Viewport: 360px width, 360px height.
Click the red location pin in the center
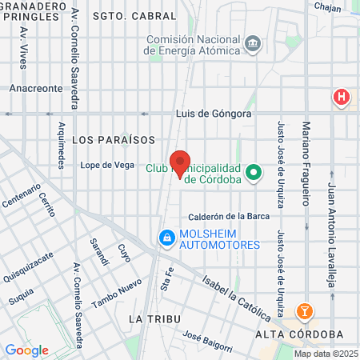(x=180, y=163)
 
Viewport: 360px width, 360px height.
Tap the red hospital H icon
(x=342, y=98)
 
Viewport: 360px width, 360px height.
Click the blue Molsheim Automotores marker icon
(x=166, y=238)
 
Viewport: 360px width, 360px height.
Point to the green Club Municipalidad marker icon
(x=254, y=172)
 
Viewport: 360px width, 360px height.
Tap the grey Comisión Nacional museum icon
(x=254, y=43)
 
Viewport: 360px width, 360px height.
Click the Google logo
(x=26, y=350)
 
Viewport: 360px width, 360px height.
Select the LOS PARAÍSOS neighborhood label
(x=114, y=139)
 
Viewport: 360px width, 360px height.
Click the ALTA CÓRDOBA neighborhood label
(x=301, y=334)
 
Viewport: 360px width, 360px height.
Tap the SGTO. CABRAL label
(x=134, y=16)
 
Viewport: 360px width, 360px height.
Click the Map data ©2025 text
(x=325, y=354)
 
